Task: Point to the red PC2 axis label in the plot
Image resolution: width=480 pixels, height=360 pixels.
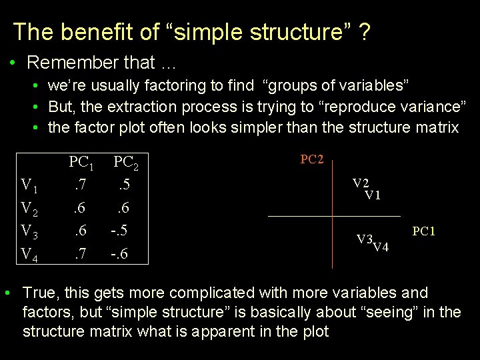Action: [x=312, y=159]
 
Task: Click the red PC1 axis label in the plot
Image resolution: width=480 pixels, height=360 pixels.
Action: [x=423, y=231]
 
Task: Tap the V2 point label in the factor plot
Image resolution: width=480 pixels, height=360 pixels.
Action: [x=361, y=183]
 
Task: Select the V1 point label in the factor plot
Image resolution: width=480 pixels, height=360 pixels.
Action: [x=373, y=195]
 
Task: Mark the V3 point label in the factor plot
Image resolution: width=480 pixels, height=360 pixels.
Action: [x=364, y=239]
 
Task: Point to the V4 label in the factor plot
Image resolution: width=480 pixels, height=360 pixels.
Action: [x=381, y=249]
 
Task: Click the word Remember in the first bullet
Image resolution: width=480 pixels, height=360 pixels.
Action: [x=68, y=63]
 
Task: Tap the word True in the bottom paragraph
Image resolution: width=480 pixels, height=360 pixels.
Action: [x=38, y=293]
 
